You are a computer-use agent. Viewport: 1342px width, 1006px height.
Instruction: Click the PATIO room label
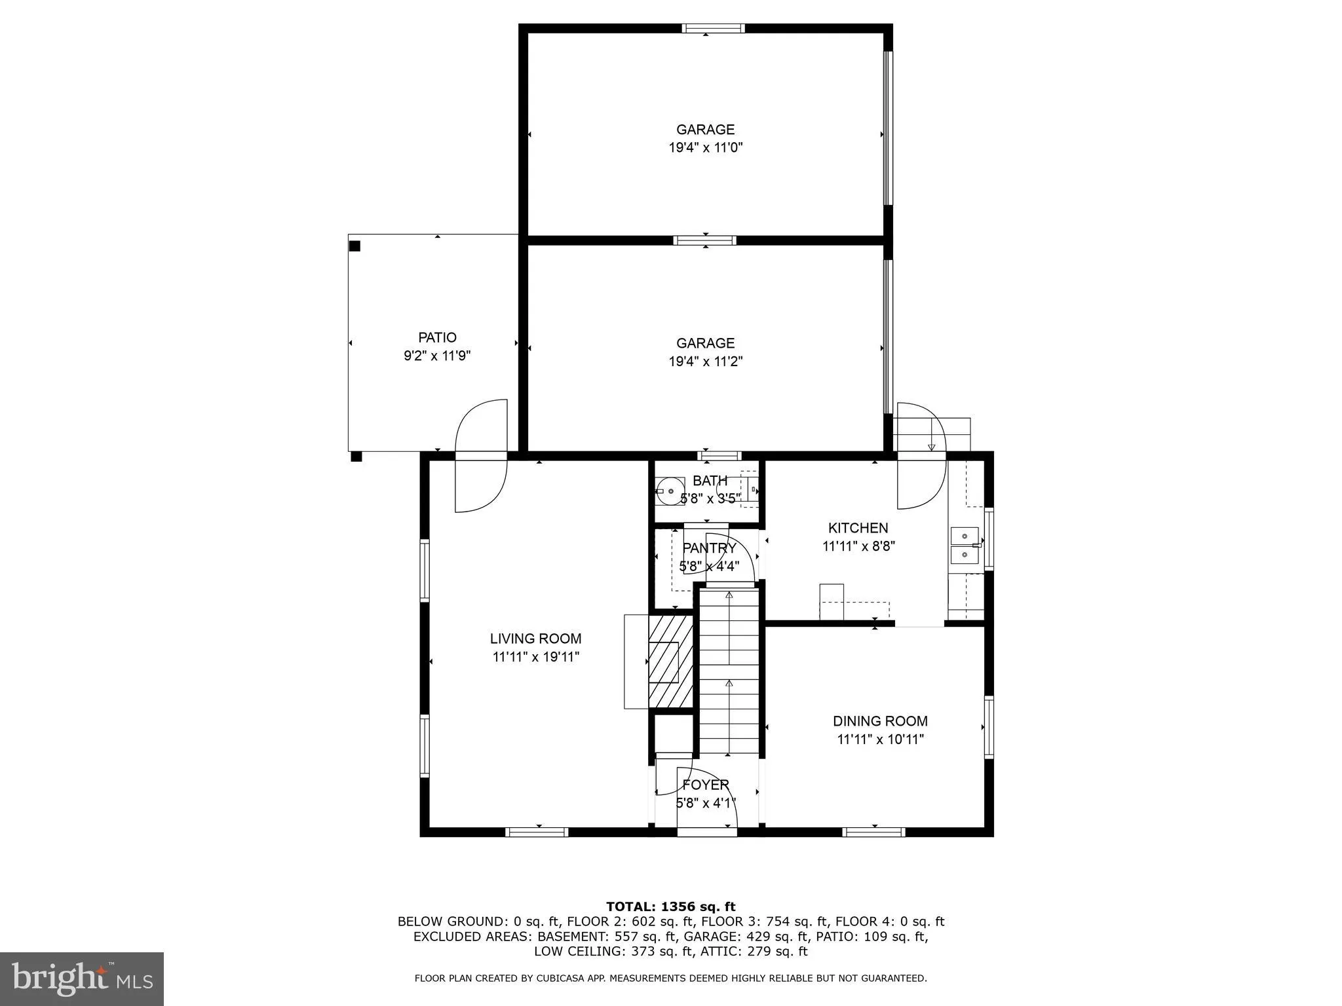(x=437, y=338)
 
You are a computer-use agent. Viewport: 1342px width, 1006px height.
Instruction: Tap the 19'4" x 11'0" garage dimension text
(x=705, y=148)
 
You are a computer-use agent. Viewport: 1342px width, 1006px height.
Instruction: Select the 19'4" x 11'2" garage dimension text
(x=705, y=362)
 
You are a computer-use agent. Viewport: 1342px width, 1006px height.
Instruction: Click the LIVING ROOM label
(x=535, y=639)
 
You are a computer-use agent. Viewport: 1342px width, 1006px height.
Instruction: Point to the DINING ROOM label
(x=879, y=721)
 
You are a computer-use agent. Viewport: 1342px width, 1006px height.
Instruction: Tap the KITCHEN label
(x=858, y=528)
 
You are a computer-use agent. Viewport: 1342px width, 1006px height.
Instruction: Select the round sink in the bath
(x=670, y=491)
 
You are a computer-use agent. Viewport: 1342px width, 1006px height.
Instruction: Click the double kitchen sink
(x=964, y=546)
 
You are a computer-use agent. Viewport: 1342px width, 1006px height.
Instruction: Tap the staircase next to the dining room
(x=729, y=671)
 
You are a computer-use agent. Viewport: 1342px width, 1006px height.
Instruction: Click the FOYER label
(x=706, y=785)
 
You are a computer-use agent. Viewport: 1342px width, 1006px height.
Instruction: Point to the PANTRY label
(x=709, y=548)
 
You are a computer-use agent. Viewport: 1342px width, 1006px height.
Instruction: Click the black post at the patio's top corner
(x=355, y=246)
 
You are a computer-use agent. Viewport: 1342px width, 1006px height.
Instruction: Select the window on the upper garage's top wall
(x=713, y=28)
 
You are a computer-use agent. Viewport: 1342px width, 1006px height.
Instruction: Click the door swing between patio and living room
(x=482, y=455)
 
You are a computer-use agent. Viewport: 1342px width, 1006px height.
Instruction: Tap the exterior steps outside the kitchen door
(x=932, y=433)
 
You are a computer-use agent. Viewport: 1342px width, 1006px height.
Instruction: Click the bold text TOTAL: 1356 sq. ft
(x=670, y=906)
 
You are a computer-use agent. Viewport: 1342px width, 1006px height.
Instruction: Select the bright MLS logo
(x=82, y=978)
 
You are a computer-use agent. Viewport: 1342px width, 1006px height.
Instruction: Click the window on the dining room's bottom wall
(x=873, y=832)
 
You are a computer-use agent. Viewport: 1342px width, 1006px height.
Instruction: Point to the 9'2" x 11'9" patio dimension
(x=437, y=356)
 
